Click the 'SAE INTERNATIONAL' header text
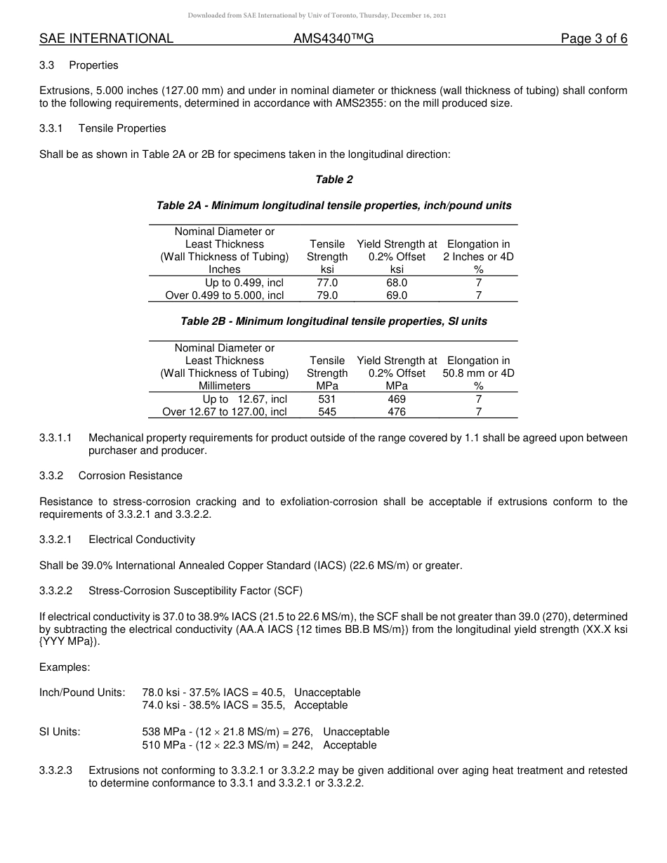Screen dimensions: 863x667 coord(106,39)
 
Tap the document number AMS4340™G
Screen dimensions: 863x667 coord(333,39)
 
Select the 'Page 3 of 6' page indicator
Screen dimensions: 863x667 coord(593,39)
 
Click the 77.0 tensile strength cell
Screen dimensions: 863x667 coord(327,283)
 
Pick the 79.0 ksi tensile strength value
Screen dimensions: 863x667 coord(327,295)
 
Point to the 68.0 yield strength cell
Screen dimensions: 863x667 coord(397,283)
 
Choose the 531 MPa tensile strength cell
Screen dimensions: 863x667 coord(327,399)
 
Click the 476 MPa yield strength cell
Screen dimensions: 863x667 coord(397,412)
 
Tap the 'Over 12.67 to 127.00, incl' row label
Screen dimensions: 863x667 coord(225,412)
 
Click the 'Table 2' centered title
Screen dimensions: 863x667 coord(333,180)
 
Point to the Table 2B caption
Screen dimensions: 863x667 coord(333,321)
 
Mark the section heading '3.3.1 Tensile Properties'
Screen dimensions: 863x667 coord(103,128)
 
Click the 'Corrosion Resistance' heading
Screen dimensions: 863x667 coord(130,476)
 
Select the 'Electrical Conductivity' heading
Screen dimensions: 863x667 coord(142,540)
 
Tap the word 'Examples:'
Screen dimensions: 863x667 coord(65,667)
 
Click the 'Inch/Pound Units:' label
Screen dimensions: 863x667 coord(82,693)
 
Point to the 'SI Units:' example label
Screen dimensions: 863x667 coord(60,732)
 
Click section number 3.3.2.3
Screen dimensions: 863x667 coord(56,770)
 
